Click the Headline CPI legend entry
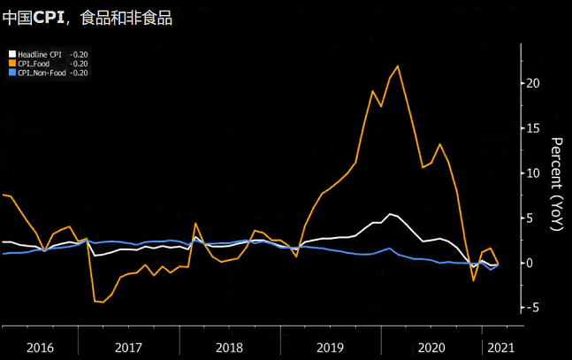42,55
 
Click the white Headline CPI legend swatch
11,55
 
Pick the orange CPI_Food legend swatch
11,64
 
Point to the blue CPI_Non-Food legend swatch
11,73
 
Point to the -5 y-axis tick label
533,308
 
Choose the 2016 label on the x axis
39,348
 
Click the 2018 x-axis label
228,348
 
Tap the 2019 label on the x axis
330,348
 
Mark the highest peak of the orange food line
398,65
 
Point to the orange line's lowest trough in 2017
103,303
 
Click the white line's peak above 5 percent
391,214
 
